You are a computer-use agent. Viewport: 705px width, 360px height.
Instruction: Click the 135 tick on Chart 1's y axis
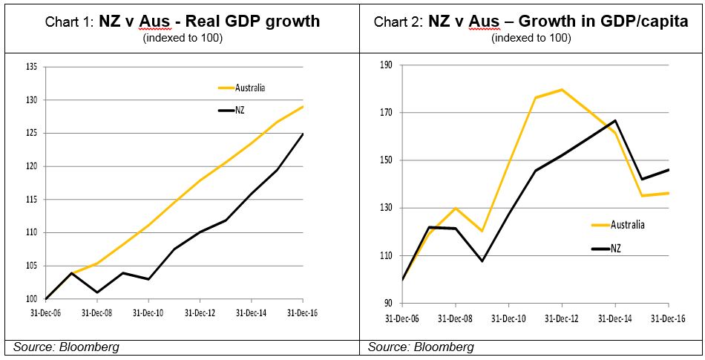(31, 67)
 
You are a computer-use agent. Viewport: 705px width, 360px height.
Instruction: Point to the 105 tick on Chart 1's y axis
(31, 266)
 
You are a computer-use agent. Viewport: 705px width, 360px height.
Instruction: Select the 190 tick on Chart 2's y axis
(385, 65)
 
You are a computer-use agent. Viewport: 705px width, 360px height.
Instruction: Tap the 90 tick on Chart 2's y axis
(387, 303)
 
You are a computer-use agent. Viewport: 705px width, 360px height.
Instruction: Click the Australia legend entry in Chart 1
(250, 88)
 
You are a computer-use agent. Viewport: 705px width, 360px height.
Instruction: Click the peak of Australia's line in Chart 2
(562, 90)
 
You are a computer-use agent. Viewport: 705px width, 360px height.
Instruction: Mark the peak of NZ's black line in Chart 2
(615, 120)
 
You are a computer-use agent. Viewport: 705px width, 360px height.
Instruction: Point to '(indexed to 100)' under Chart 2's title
(531, 38)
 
